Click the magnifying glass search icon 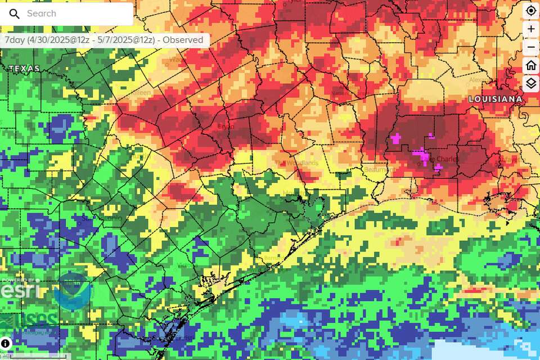click(x=15, y=14)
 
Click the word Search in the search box click(x=42, y=13)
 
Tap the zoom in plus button click(x=531, y=29)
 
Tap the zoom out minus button click(x=531, y=47)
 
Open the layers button click(x=531, y=84)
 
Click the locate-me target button click(x=531, y=11)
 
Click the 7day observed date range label click(x=104, y=40)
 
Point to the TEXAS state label click(x=24, y=69)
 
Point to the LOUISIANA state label click(x=496, y=99)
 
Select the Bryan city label click(x=226, y=127)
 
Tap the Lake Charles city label click(x=440, y=159)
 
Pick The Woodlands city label click(x=296, y=163)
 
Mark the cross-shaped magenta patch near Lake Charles click(x=396, y=138)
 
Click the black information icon click(x=6, y=343)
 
